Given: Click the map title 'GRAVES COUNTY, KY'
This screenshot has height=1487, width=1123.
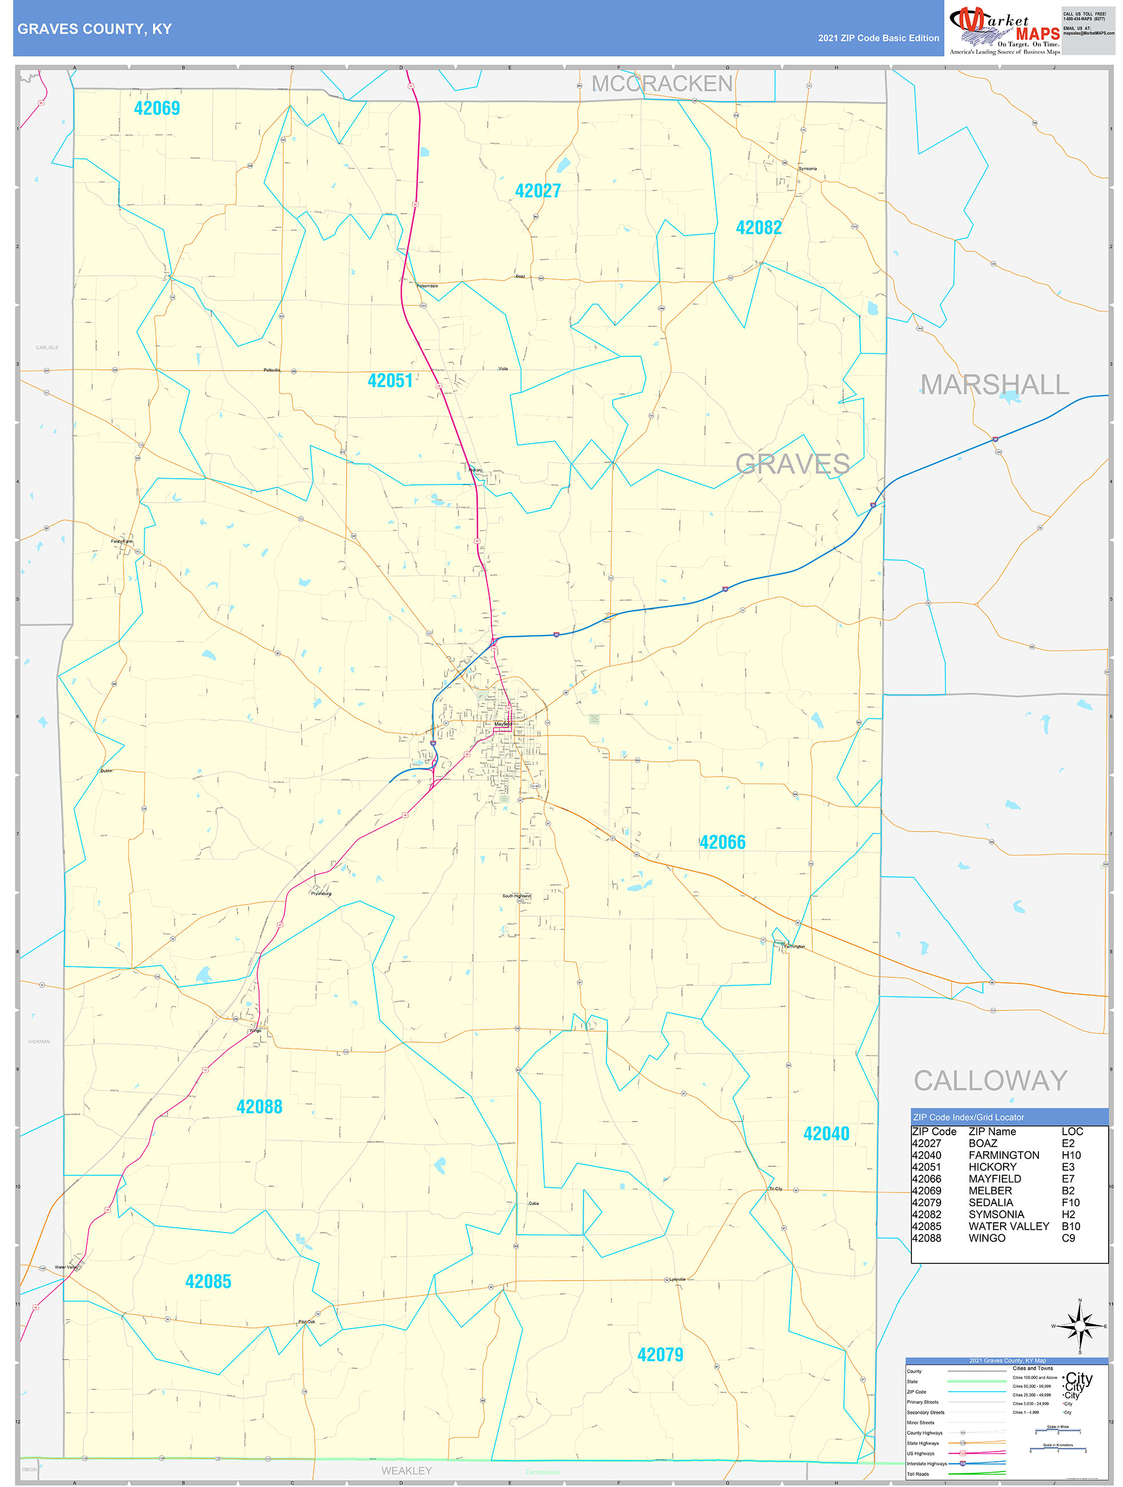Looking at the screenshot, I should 95,29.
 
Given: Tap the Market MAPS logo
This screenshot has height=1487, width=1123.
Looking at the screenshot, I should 1004,30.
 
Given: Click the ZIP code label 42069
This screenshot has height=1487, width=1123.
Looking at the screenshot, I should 157,108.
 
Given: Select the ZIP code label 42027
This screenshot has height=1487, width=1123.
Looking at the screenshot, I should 537,191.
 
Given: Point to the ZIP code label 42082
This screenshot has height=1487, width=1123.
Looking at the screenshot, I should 759,228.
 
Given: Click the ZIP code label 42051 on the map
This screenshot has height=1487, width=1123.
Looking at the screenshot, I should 390,380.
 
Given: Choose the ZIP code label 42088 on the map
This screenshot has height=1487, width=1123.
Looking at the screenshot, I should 260,1107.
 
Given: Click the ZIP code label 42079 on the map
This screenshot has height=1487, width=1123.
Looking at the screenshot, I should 660,1354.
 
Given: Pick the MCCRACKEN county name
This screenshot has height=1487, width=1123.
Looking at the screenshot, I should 662,84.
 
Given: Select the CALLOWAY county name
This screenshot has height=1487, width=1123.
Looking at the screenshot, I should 990,1081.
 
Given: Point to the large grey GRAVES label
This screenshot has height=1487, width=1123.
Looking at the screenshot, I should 792,464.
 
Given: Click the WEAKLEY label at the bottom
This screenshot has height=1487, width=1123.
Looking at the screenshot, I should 406,1471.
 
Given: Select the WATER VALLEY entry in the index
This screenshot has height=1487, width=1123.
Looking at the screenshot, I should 1008,1226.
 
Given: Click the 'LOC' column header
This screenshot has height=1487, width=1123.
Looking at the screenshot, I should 1072,1132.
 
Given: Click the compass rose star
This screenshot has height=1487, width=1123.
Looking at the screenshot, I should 1080,1326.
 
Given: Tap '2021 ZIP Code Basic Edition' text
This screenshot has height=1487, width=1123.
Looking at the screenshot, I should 878,38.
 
